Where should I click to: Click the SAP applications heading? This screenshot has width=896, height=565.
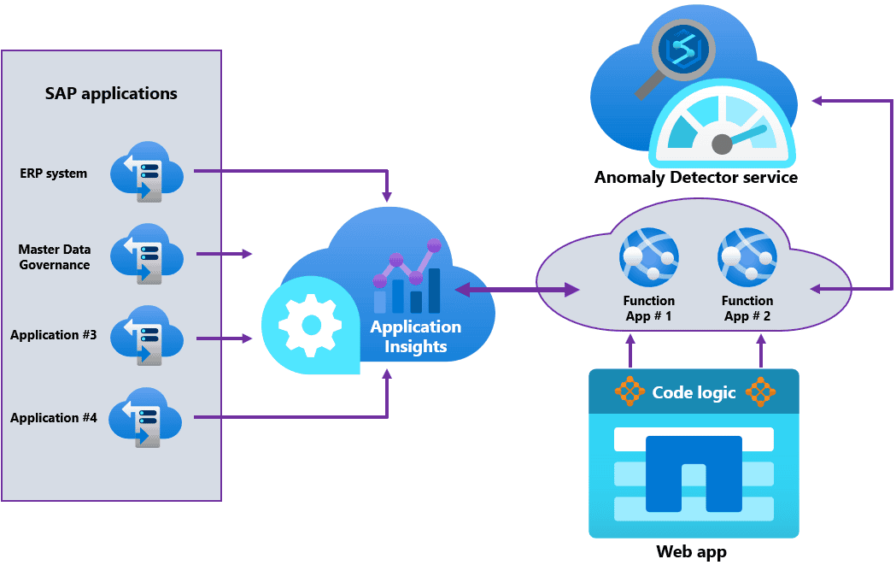point(111,93)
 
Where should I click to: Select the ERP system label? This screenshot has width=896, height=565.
point(54,174)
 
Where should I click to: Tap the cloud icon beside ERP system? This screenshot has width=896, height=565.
point(146,171)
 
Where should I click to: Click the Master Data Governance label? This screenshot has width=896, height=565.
point(55,257)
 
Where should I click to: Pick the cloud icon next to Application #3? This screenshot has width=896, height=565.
point(146,336)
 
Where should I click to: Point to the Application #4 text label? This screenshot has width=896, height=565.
point(54,418)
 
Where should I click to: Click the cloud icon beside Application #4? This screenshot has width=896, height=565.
point(146,418)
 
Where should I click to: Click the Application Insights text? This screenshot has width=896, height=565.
point(415,337)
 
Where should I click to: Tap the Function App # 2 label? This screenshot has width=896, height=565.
point(747,309)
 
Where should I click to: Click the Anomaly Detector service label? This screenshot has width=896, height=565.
point(696,178)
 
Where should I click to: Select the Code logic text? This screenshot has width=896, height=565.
point(694,392)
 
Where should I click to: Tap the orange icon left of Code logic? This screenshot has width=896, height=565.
point(630,391)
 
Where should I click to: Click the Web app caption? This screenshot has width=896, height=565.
point(692,551)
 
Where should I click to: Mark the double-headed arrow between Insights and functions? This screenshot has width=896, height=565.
point(518,291)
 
